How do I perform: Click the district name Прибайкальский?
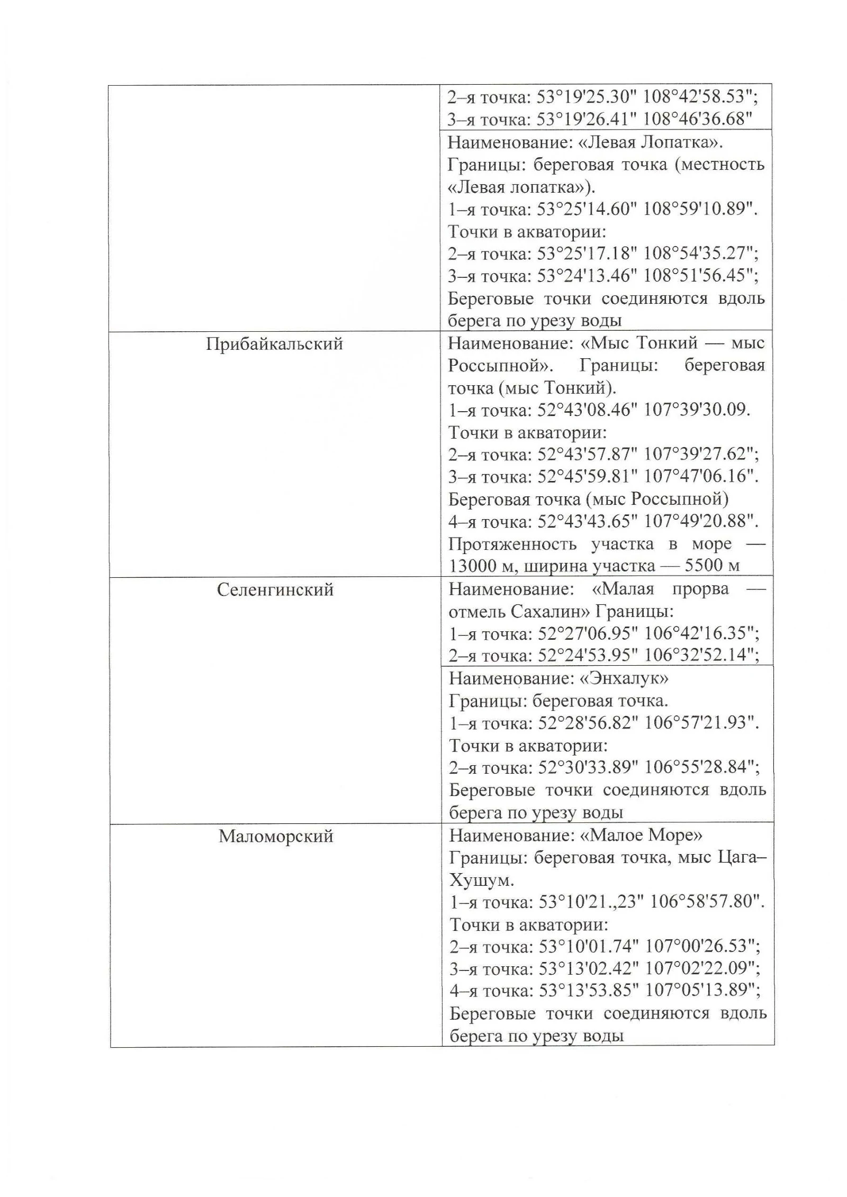(x=274, y=344)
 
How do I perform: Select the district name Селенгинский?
(x=275, y=590)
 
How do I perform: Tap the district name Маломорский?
(x=276, y=837)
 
